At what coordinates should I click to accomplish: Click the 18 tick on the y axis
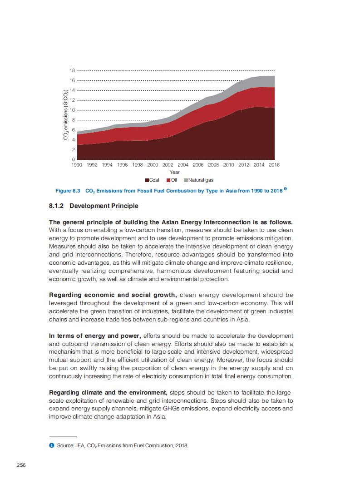pyautogui.click(x=72, y=70)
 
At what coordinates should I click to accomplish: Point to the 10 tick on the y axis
pyautogui.click(x=72, y=110)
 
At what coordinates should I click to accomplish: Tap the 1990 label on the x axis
pyautogui.click(x=77, y=165)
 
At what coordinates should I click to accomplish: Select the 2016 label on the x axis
pyautogui.click(x=274, y=165)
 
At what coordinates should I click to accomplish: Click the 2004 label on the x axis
pyautogui.click(x=183, y=165)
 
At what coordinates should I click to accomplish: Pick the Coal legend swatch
pyautogui.click(x=148, y=180)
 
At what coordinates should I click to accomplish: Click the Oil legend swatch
pyautogui.click(x=168, y=180)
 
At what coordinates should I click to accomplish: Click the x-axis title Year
pyautogui.click(x=174, y=173)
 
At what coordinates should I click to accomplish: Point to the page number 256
pyautogui.click(x=21, y=464)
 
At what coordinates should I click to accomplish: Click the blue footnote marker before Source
pyautogui.click(x=51, y=445)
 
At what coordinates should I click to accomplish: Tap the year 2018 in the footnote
pyautogui.click(x=181, y=445)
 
